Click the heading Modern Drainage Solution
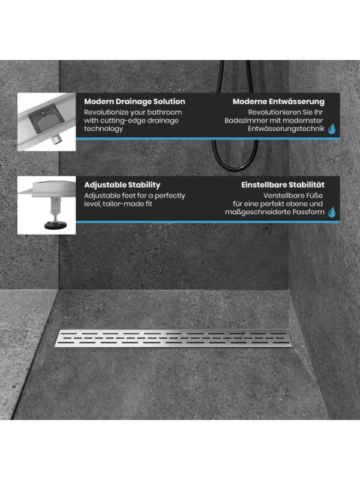(x=134, y=101)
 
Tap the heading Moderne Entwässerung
(x=278, y=101)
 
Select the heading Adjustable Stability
(x=122, y=185)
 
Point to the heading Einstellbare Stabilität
(x=283, y=185)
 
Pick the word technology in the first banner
(x=103, y=129)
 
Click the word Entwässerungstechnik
(x=286, y=129)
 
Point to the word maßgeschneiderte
(x=258, y=212)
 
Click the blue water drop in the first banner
(x=332, y=129)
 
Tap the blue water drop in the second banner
(x=332, y=212)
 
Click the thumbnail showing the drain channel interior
(x=47, y=122)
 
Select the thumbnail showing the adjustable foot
(x=47, y=205)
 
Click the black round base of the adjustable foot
(x=55, y=226)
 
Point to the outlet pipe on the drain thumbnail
(x=56, y=139)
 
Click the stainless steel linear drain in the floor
(x=174, y=338)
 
